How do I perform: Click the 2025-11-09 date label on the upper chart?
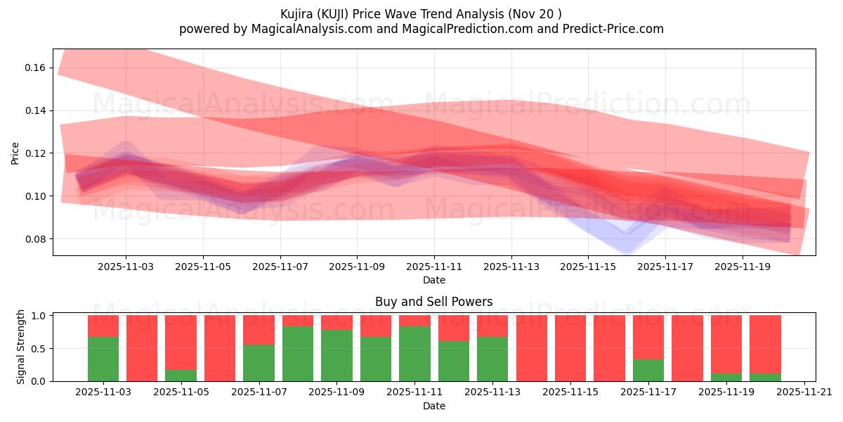pos(357,267)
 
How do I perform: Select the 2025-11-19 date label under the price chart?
pos(742,267)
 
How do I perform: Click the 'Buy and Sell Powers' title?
pos(433,302)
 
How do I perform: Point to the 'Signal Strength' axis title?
pos(21,347)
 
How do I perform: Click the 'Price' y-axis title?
pos(15,153)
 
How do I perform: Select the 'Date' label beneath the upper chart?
pos(433,280)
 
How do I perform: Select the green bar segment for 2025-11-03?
pos(103,359)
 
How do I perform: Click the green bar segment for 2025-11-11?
pos(414,353)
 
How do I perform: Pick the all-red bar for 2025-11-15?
pos(570,348)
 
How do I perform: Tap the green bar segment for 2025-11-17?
pos(648,370)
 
